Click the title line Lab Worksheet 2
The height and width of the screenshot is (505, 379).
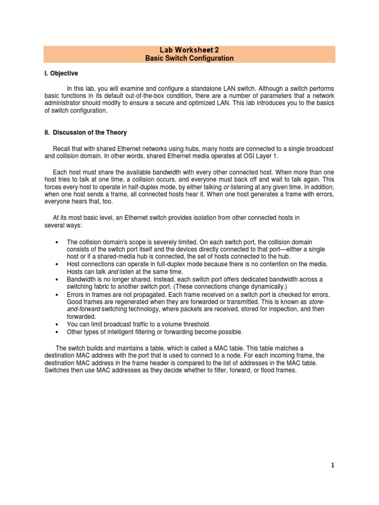tap(189, 50)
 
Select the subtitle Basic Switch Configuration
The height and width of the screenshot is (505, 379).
tap(189, 58)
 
